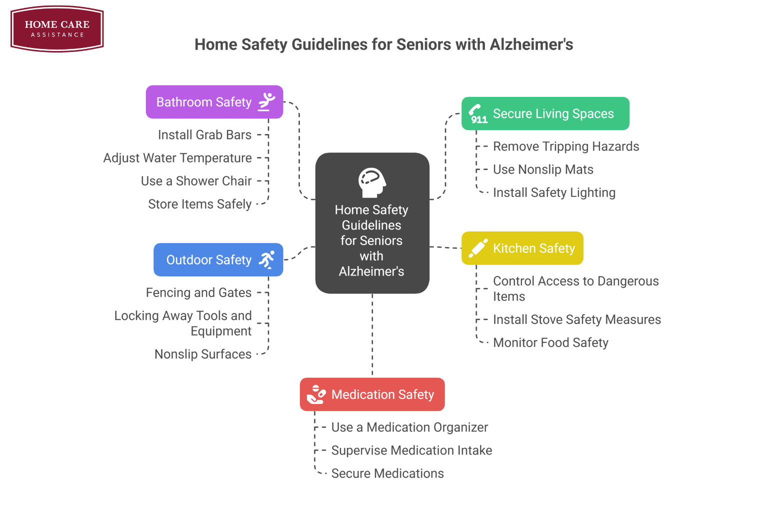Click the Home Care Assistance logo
point(57,29)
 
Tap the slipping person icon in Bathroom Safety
point(266,101)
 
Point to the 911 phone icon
point(477,114)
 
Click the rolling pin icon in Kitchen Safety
point(477,248)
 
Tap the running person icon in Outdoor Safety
point(266,259)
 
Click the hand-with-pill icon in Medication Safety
point(316,394)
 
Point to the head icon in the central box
point(372,182)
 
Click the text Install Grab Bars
point(204,135)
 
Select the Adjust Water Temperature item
point(177,158)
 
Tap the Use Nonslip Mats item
point(543,169)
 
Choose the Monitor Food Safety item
point(550,342)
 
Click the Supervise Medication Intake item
point(411,450)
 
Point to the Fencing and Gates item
point(198,292)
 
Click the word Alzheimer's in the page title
point(531,44)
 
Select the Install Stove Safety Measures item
point(576,319)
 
